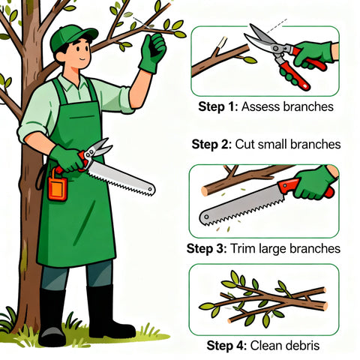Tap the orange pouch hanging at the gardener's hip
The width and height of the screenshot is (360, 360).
tap(58, 185)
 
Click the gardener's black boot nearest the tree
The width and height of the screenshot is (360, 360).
tap(52, 317)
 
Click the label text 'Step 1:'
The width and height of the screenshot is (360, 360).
tap(217, 106)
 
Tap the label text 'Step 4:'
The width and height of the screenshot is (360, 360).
tap(226, 346)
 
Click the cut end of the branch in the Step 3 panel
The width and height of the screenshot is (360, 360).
tap(205, 191)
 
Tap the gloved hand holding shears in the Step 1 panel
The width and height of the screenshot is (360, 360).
tap(313, 55)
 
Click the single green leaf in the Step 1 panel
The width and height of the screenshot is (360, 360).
tap(250, 60)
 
